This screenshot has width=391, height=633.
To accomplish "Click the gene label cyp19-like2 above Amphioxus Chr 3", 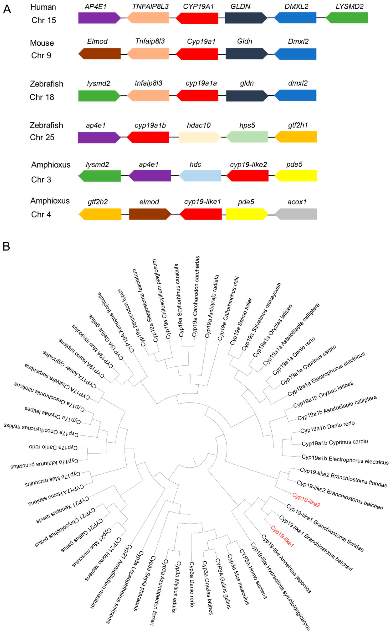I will pos(248,165).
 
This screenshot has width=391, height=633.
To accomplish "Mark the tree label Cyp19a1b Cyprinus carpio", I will pos(335,442).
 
